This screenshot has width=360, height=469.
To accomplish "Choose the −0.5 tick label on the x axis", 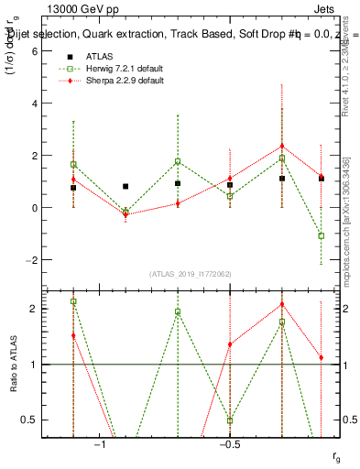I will coord(228,445).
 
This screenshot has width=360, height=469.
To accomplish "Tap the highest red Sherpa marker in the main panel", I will coord(282,147).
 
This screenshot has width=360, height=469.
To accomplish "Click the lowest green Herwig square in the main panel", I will coord(322,235).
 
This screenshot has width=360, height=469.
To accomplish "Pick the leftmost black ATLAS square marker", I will coord(73,188).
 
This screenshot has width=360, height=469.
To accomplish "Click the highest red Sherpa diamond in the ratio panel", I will coord(282,304).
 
